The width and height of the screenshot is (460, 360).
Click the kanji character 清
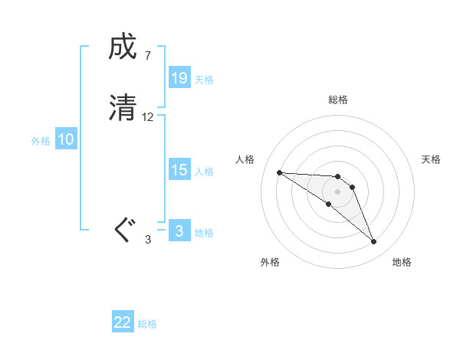coord(123,107)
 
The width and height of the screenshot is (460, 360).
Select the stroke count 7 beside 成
coord(147,56)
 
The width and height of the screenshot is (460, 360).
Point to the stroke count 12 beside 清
coord(148,117)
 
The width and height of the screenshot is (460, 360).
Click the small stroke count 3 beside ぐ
coord(148,240)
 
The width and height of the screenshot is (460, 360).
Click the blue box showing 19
coord(179,78)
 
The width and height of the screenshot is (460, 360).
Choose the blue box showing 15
coord(179,170)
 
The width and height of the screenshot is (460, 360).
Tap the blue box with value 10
coord(66,139)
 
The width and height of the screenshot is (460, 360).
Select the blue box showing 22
coord(123,322)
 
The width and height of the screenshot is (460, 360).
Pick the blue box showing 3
coord(179,231)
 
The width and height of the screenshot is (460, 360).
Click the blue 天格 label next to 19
coord(204,80)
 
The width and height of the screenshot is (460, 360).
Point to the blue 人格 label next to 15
coord(204,172)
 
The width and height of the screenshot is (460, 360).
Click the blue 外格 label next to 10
coord(41,141)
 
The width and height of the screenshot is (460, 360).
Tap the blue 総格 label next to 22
coord(147,324)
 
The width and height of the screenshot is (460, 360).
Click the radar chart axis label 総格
coord(338,100)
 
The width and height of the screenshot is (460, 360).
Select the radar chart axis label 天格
coord(432,159)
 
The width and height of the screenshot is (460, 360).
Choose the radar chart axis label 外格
coord(270,262)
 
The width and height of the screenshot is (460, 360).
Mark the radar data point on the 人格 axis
coord(279,172)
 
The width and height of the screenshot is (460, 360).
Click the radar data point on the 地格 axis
coord(373,242)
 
